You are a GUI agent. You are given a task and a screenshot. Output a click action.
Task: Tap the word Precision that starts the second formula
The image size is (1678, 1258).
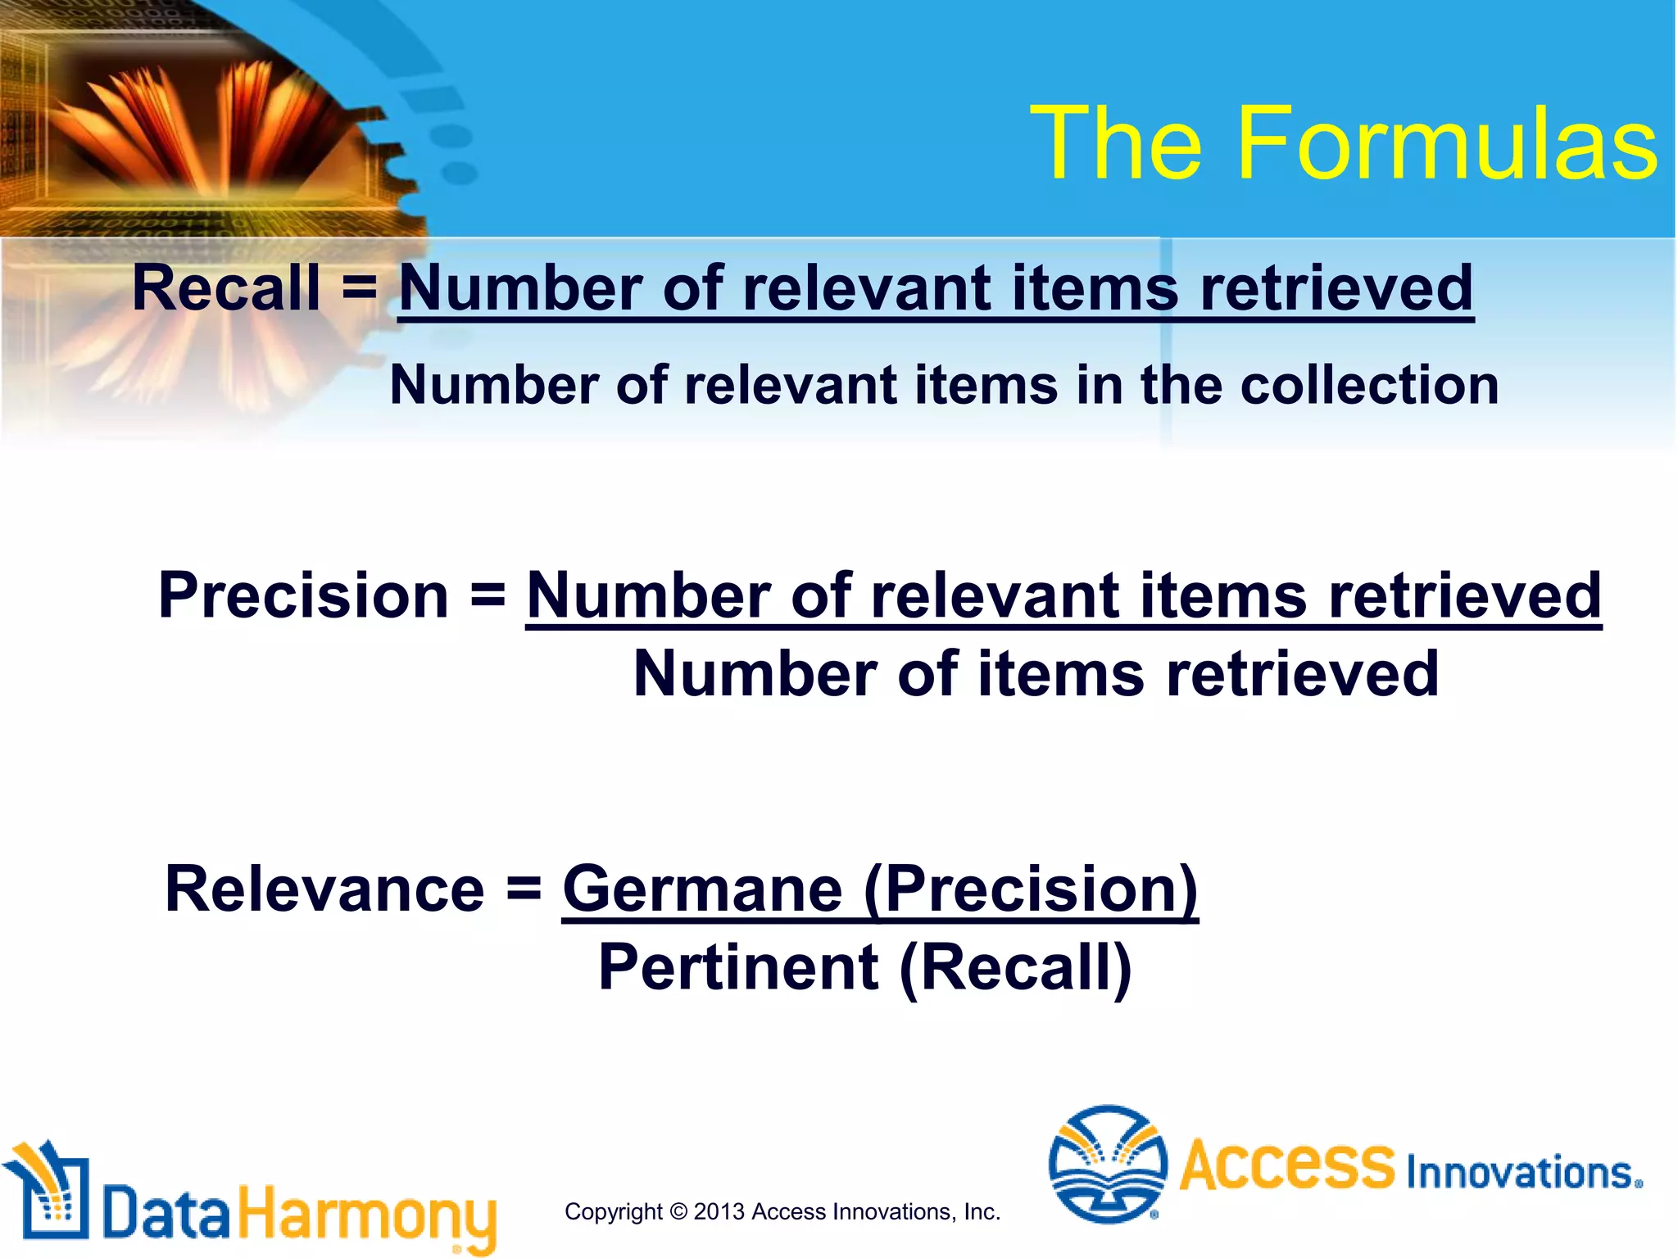(303, 595)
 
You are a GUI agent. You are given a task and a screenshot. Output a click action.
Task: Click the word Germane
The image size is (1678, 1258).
(702, 889)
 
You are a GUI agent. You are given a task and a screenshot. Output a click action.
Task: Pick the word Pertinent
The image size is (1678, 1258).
(738, 968)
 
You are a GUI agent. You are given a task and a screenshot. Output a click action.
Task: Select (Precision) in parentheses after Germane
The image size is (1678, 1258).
(1031, 891)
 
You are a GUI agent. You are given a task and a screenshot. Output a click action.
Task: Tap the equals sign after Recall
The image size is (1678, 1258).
(359, 288)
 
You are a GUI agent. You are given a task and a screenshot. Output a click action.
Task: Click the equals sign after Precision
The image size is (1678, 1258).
(488, 595)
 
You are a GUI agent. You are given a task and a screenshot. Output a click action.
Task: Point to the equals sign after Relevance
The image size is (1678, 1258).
(524, 889)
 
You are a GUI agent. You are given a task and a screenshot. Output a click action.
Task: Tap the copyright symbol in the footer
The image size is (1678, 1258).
(678, 1211)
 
